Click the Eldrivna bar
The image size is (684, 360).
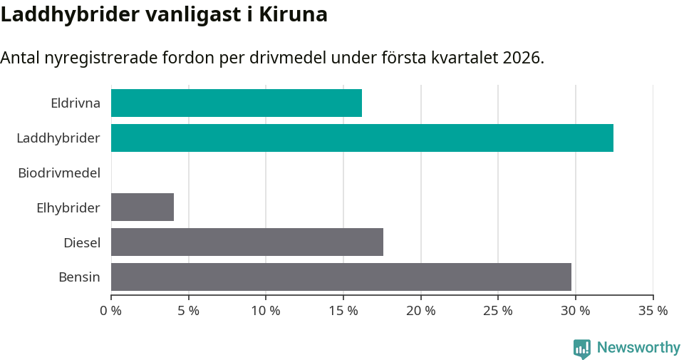pyautogui.click(x=237, y=103)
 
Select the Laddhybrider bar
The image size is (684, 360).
pyautogui.click(x=362, y=138)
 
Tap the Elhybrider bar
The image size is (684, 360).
pyautogui.click(x=142, y=207)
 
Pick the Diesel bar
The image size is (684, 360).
pyautogui.click(x=247, y=242)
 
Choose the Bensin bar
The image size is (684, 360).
pyautogui.click(x=341, y=277)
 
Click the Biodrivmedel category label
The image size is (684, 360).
pyautogui.click(x=59, y=173)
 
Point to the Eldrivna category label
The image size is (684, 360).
pyautogui.click(x=76, y=103)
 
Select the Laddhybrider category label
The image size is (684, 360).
pyautogui.click(x=58, y=138)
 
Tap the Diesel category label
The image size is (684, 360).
pyautogui.click(x=82, y=242)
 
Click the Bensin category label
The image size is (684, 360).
pyautogui.click(x=79, y=277)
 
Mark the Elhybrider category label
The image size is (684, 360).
pyautogui.click(x=68, y=207)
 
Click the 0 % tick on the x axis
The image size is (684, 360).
pyautogui.click(x=111, y=311)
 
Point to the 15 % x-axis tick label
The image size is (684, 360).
pyautogui.click(x=343, y=311)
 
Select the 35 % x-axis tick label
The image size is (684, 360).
pyautogui.click(x=653, y=311)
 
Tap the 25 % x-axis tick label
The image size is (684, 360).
pyautogui.click(x=498, y=311)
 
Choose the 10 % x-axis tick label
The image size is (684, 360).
pyautogui.click(x=266, y=311)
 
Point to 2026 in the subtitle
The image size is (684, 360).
pyautogui.click(x=521, y=58)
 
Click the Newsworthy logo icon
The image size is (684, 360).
pyautogui.click(x=582, y=348)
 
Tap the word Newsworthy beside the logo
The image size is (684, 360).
pyautogui.click(x=638, y=348)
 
